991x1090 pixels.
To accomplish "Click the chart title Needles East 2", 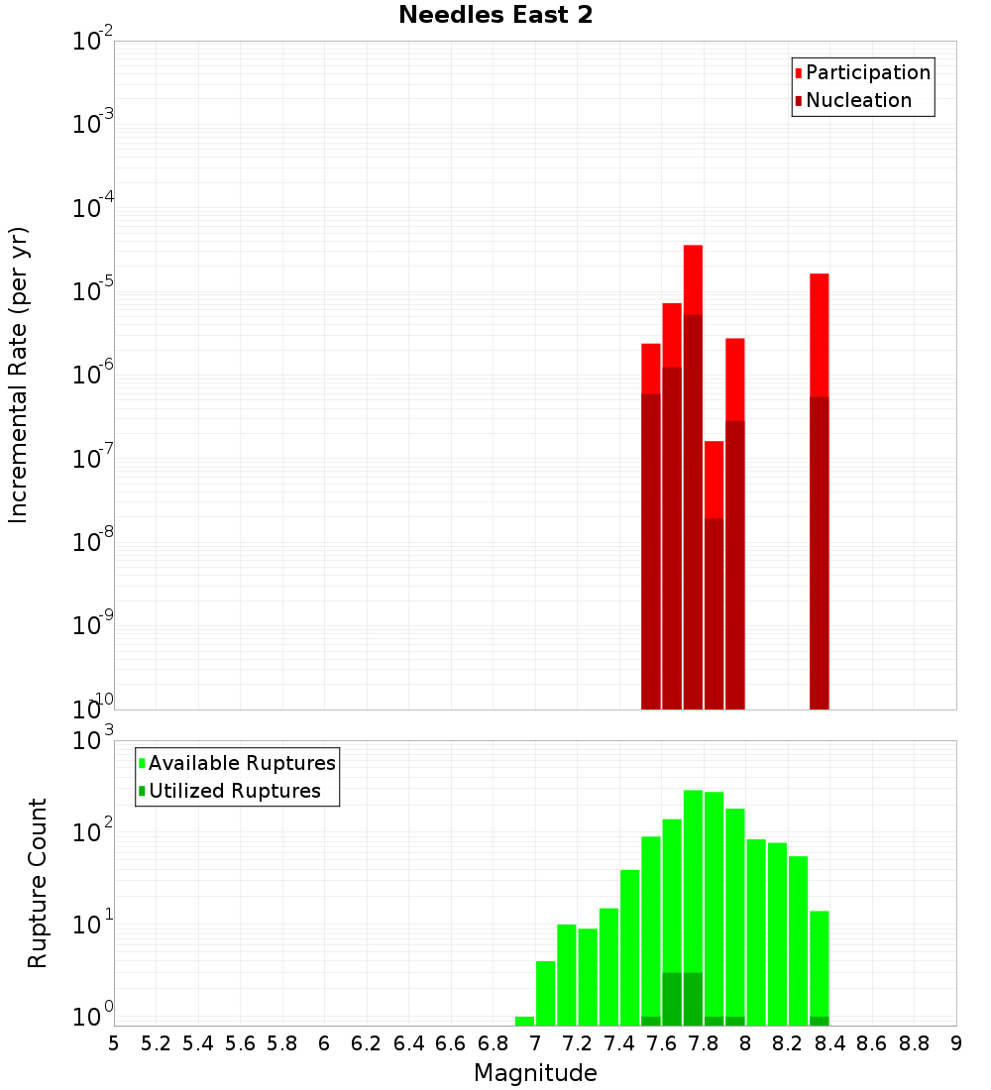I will pyautogui.click(x=495, y=16).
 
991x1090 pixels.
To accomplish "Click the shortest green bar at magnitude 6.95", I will pyautogui.click(x=524, y=1021).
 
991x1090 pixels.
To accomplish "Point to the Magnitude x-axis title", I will pyautogui.click(x=535, y=1073).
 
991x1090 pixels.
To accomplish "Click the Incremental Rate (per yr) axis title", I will pyautogui.click(x=19, y=375).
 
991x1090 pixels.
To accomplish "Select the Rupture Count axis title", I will pyautogui.click(x=38, y=883).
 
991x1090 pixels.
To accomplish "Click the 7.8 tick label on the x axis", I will pyautogui.click(x=703, y=1043).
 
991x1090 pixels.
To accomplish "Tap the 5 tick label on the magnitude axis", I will pyautogui.click(x=114, y=1043).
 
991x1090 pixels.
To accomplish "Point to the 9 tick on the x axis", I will pyautogui.click(x=955, y=1043).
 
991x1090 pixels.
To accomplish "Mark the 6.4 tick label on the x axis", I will pyautogui.click(x=408, y=1043).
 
